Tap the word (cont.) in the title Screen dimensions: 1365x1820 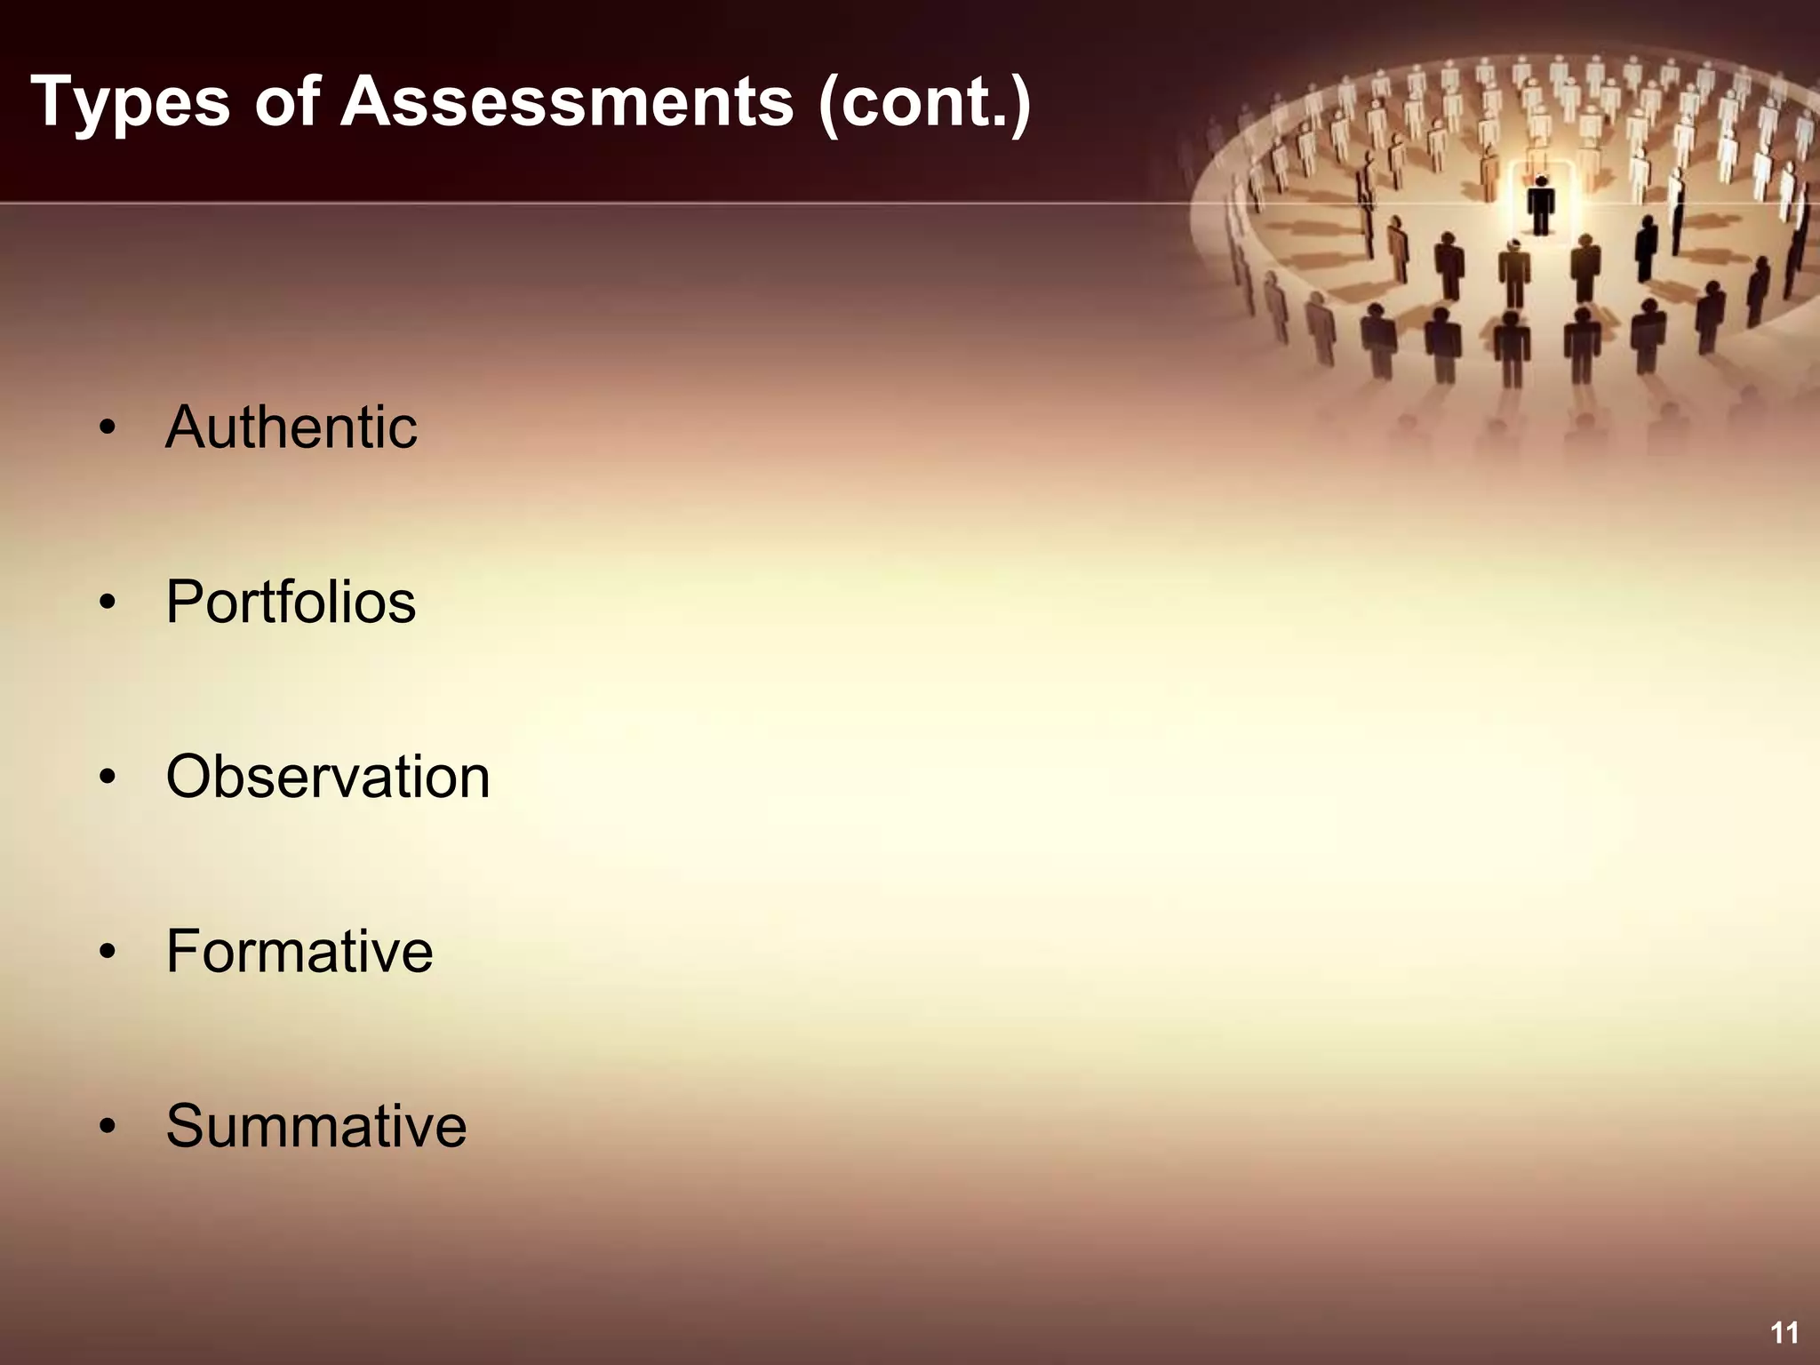pyautogui.click(x=924, y=102)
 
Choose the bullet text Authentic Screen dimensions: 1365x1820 pyautogui.click(x=291, y=427)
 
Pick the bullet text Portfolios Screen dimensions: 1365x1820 pyautogui.click(x=291, y=603)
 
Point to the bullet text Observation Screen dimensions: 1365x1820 pyautogui.click(x=328, y=777)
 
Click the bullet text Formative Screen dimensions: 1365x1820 pyautogui.click(x=299, y=952)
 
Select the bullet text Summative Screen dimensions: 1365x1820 pyautogui.click(x=316, y=1126)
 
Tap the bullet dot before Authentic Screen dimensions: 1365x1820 pyautogui.click(x=108, y=429)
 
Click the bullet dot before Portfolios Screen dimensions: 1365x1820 pyautogui.click(x=108, y=604)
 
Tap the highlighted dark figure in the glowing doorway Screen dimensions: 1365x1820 pyautogui.click(x=1541, y=204)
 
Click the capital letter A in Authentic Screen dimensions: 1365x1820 pyautogui.click(x=186, y=427)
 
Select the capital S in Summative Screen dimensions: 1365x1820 pyautogui.click(x=187, y=1126)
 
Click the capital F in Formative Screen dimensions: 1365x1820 pyautogui.click(x=184, y=952)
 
